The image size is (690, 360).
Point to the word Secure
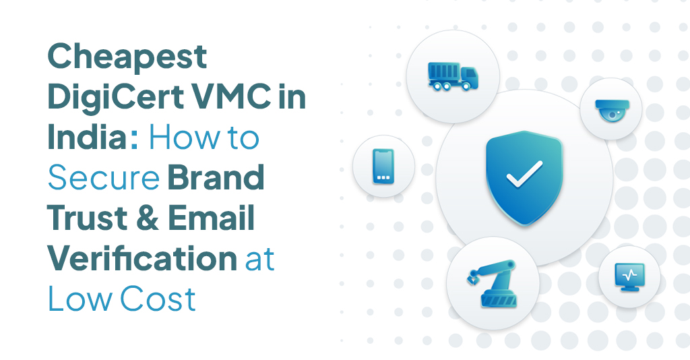click(x=103, y=178)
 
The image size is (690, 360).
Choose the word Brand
click(x=215, y=178)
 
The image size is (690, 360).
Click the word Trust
click(x=87, y=218)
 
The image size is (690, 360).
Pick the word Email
click(x=211, y=218)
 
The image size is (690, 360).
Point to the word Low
click(x=80, y=298)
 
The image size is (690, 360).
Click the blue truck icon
click(x=453, y=75)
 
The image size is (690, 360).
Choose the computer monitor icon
click(x=629, y=276)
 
